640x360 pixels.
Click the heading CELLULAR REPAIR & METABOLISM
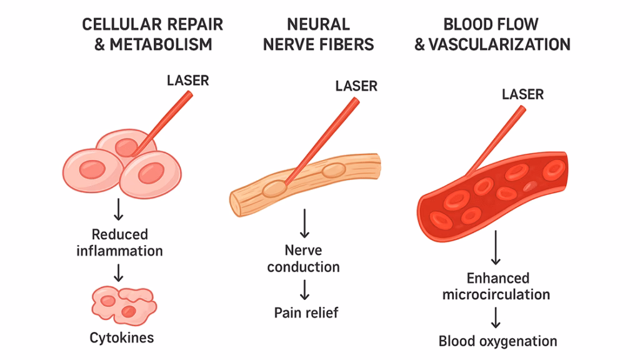pos(152,34)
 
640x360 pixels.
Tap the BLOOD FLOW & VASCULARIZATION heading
pos(492,34)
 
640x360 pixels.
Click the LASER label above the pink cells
pos(187,81)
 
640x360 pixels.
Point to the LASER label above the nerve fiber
pos(356,86)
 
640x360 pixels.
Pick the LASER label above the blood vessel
pos(522,94)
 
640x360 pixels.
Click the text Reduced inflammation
pos(119,242)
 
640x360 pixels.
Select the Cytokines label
pos(121,338)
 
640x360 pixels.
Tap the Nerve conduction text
pos(303,258)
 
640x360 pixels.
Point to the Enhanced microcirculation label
pos(496,286)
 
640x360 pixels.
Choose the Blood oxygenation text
pos(497,341)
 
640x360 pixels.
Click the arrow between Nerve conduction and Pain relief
pos(304,289)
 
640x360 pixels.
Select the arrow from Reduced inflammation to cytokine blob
pos(119,271)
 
